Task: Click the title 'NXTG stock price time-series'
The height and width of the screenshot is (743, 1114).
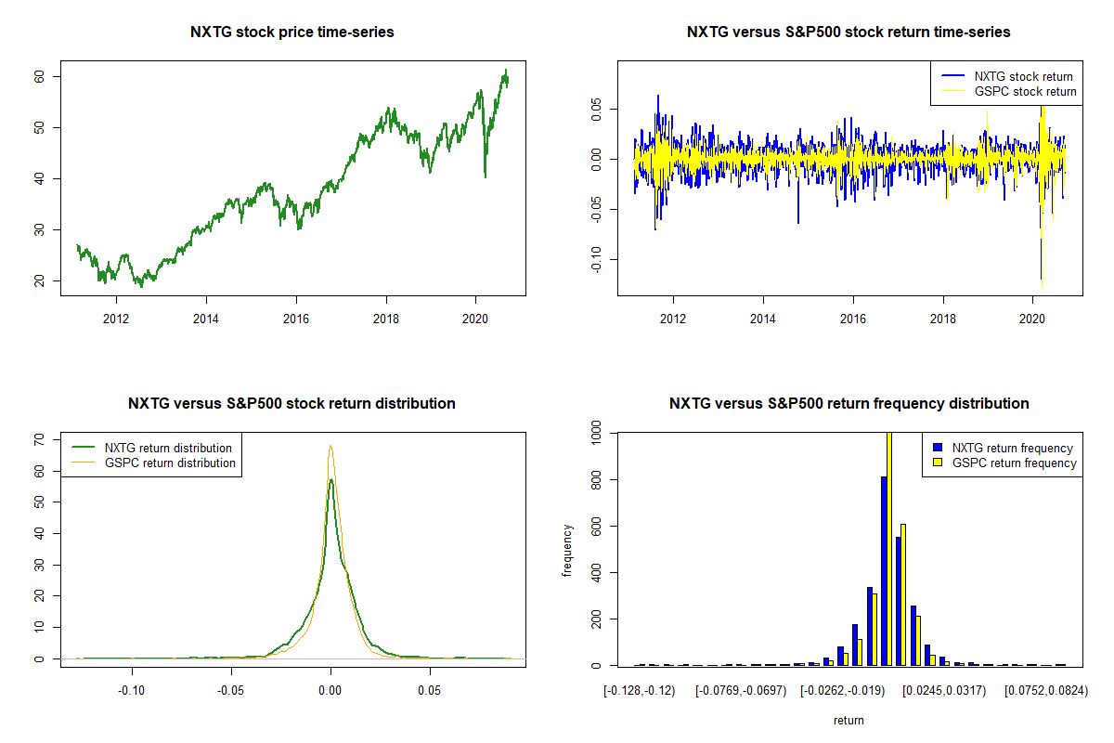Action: click(x=292, y=33)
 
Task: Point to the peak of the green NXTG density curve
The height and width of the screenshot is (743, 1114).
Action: click(x=330, y=480)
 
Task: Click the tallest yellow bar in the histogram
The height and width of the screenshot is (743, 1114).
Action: click(x=889, y=548)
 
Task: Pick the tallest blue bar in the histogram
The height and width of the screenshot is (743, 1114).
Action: click(x=884, y=571)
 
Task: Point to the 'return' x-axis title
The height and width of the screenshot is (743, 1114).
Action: click(x=848, y=721)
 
